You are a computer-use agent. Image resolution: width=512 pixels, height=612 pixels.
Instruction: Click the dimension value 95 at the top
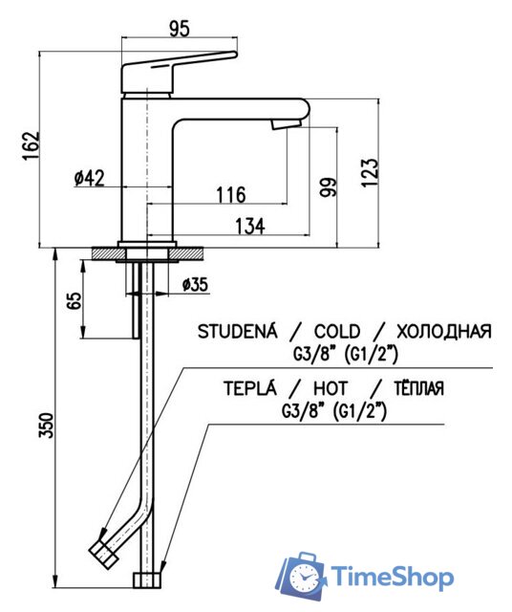click(179, 28)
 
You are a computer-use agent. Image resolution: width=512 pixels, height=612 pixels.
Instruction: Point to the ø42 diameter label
click(89, 177)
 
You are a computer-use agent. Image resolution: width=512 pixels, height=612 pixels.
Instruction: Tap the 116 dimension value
click(230, 195)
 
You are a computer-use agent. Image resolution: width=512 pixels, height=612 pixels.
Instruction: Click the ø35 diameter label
click(194, 284)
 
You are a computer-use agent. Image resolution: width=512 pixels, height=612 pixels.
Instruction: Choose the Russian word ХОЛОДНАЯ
click(443, 332)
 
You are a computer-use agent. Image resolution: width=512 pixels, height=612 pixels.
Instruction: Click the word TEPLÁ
click(250, 388)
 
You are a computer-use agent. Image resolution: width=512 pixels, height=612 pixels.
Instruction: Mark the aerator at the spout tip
click(284, 123)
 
